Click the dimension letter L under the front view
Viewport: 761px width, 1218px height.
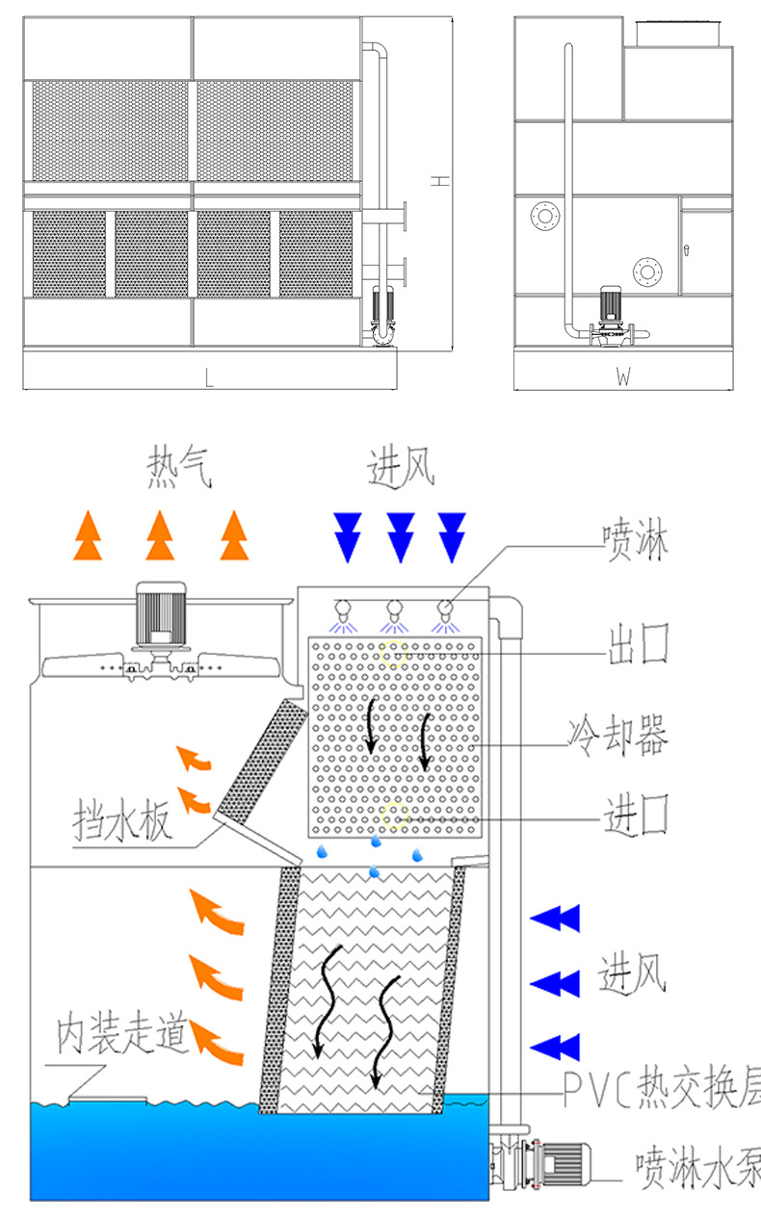coord(209,378)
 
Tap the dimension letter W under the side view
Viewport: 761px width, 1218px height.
coord(623,378)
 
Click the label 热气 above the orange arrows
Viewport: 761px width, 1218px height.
coord(178,470)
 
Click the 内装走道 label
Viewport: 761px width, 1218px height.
coord(120,1034)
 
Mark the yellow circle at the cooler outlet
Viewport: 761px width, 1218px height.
coord(395,655)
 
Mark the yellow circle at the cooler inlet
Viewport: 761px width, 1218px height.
coord(395,817)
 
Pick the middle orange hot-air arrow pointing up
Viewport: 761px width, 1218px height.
coord(160,535)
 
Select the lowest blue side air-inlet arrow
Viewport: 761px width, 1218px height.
coord(556,1047)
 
